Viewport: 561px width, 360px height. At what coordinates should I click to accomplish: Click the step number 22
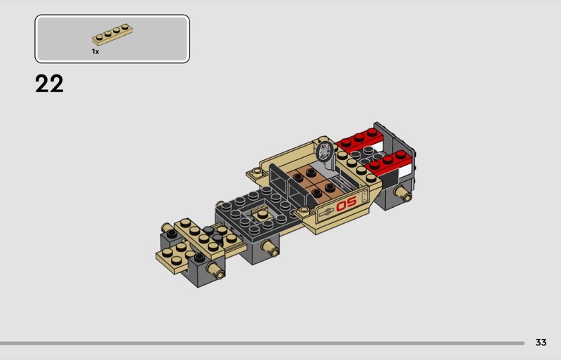[x=49, y=84]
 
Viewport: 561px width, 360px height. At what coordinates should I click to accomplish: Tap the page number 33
[x=541, y=342]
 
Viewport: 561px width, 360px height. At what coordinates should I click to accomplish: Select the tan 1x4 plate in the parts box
[x=112, y=34]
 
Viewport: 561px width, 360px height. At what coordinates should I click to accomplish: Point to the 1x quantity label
[x=95, y=52]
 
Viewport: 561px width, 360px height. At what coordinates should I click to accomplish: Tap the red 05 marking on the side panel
[x=346, y=204]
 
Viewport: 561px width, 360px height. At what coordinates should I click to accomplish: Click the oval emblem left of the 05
[x=326, y=212]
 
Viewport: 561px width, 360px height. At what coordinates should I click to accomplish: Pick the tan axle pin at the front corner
[x=215, y=270]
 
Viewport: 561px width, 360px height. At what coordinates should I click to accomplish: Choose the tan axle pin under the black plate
[x=270, y=248]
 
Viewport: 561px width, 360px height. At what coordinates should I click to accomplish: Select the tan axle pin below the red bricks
[x=403, y=193]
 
